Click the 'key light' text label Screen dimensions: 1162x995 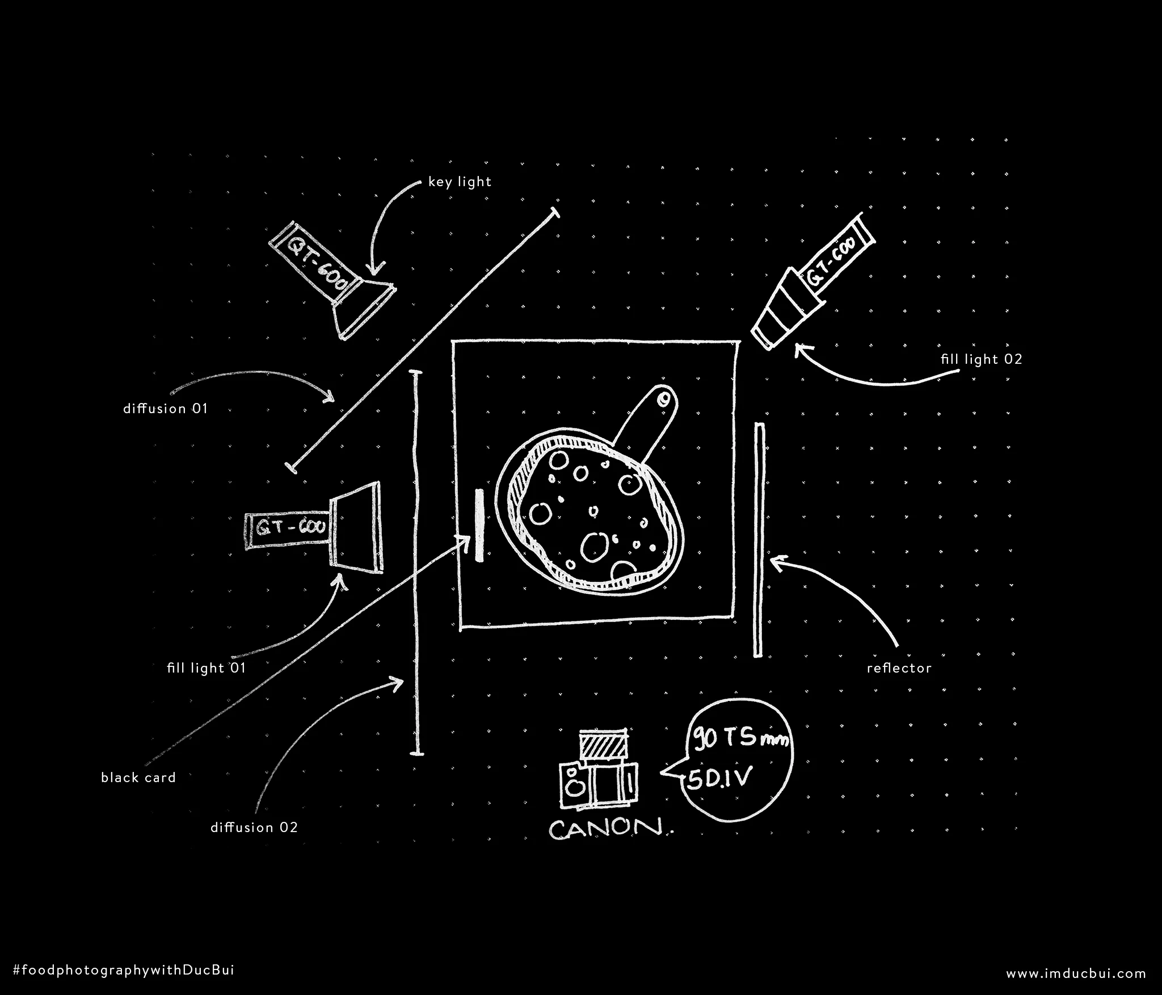click(x=460, y=182)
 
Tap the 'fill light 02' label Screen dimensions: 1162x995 click(x=981, y=359)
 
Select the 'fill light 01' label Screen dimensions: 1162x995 click(x=207, y=668)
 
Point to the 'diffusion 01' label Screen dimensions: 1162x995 click(x=166, y=409)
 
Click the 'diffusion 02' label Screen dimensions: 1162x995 click(x=254, y=828)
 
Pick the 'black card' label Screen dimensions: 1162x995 click(x=138, y=778)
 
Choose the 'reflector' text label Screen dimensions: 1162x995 click(x=899, y=668)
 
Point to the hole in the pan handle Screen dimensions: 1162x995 click(x=663, y=400)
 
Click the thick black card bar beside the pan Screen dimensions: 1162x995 click(x=480, y=525)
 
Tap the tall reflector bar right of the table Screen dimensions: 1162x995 click(x=759, y=539)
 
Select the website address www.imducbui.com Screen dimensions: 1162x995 click(x=1076, y=973)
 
